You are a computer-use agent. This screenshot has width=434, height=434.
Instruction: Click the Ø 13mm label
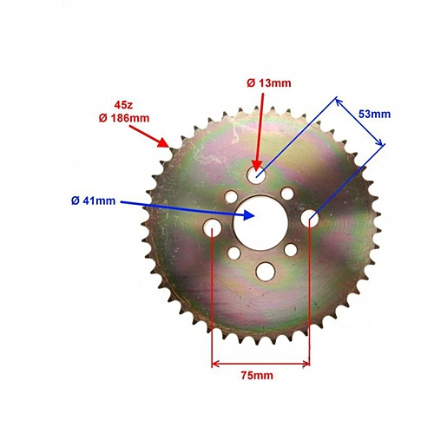pyautogui.click(x=269, y=83)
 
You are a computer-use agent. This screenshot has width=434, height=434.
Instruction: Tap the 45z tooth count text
pyautogui.click(x=123, y=105)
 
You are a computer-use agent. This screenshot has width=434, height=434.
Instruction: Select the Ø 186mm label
pyautogui.click(x=124, y=118)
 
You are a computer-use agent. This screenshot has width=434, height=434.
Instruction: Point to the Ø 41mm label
pyautogui.click(x=94, y=201)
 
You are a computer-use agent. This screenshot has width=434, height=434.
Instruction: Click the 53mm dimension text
pyautogui.click(x=374, y=114)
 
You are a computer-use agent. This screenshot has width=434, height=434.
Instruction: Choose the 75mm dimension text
pyautogui.click(x=257, y=375)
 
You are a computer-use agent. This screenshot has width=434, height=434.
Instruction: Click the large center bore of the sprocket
pyautogui.click(x=260, y=222)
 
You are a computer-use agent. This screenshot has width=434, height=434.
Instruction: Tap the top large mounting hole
pyautogui.click(x=256, y=174)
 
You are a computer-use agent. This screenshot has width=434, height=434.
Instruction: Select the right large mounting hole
pyautogui.click(x=310, y=218)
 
